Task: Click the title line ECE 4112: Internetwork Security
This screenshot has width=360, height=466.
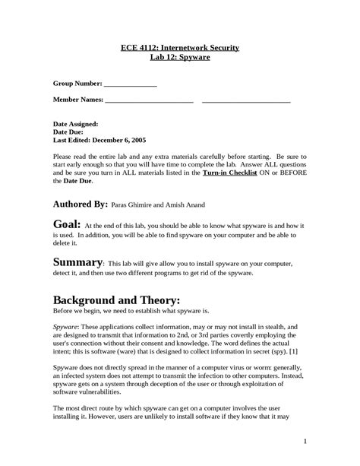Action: [180, 48]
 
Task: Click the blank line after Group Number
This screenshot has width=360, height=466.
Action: [131, 85]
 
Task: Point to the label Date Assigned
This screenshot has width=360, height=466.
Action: [75, 122]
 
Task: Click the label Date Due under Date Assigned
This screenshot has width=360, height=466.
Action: [69, 132]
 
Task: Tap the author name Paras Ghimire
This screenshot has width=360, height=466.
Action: [137, 205]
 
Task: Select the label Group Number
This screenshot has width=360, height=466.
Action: [77, 85]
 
